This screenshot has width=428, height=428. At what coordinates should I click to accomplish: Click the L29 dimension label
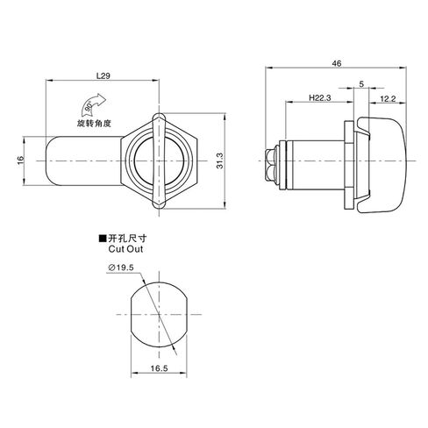click(103, 75)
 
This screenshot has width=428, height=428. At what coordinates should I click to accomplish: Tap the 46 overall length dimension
click(337, 63)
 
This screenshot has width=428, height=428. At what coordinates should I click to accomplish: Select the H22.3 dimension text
click(320, 97)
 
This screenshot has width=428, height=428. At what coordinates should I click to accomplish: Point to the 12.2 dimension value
click(388, 99)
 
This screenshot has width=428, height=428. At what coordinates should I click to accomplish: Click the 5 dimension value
click(361, 84)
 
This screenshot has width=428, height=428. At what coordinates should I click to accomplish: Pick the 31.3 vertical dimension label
click(220, 160)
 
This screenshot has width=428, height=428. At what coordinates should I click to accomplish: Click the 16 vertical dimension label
click(20, 160)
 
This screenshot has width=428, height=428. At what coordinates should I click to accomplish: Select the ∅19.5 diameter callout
click(121, 267)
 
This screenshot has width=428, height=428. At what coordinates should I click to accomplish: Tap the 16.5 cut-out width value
click(159, 368)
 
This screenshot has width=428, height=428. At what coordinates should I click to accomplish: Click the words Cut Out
click(125, 249)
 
